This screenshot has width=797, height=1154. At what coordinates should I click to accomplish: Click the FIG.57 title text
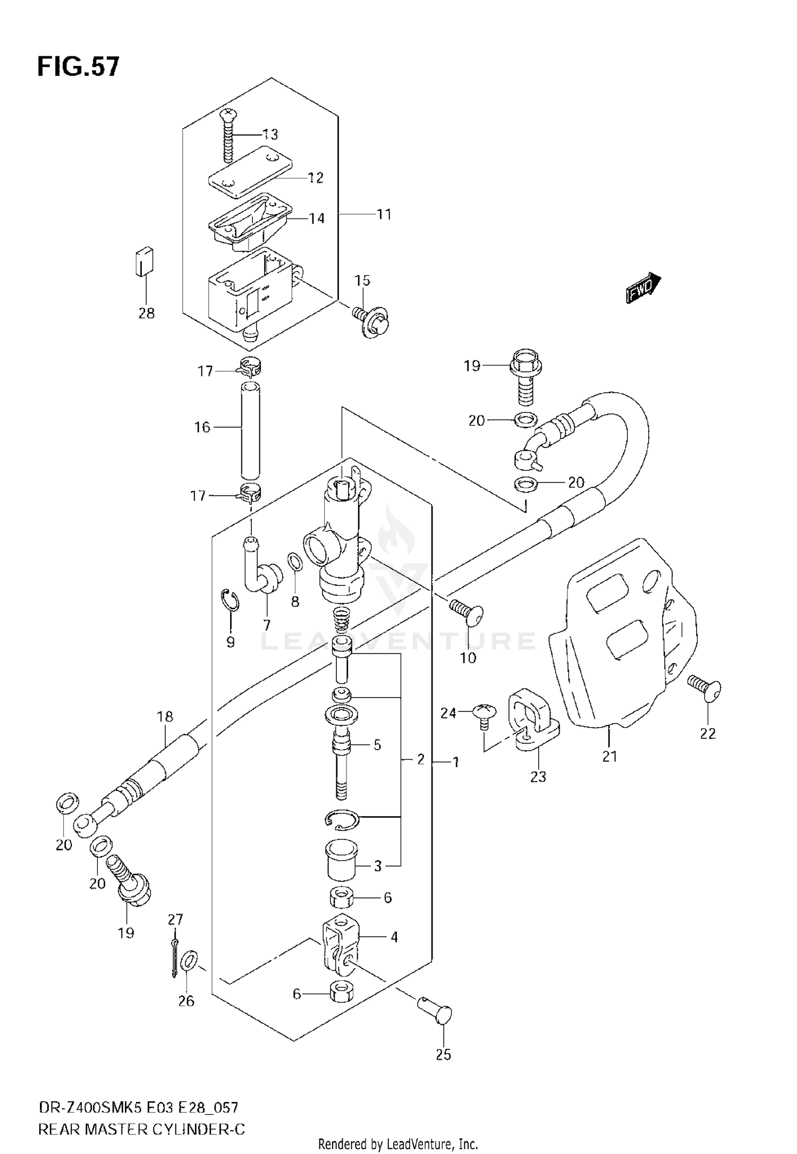(79, 67)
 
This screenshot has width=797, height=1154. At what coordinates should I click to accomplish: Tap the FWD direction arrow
(643, 288)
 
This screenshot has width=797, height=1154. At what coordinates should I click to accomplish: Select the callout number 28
(147, 313)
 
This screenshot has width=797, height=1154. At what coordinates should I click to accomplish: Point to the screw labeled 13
(228, 135)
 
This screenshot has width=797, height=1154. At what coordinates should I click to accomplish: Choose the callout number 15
(362, 281)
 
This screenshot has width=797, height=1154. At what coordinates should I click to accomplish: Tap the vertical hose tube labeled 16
(250, 429)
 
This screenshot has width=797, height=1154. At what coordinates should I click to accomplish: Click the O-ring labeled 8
(295, 562)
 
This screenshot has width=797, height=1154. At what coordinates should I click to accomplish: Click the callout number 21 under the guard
(609, 756)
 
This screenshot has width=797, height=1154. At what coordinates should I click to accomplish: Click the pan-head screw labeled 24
(484, 712)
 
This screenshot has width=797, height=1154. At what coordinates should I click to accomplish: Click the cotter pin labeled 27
(174, 958)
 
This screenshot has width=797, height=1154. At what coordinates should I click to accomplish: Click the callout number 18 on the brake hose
(165, 716)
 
